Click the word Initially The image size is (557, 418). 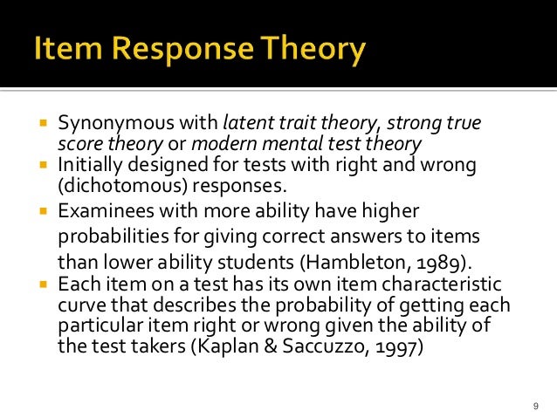(x=88, y=163)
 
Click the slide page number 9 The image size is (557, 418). (x=534, y=405)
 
